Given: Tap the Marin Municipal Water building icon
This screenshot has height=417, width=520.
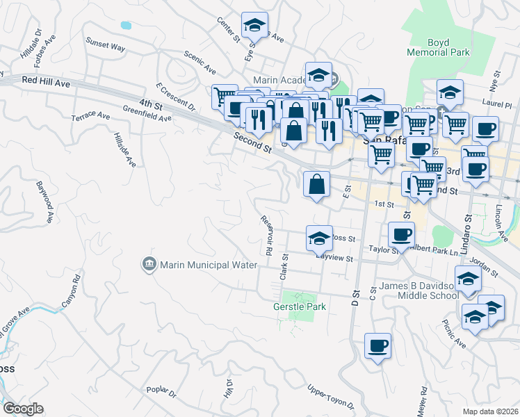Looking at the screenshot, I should point(149,264).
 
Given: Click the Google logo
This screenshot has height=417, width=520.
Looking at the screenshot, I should point(23,409).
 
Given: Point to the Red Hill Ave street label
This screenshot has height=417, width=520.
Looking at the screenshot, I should point(46,82).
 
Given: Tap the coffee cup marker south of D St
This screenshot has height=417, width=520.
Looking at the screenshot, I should point(377,345).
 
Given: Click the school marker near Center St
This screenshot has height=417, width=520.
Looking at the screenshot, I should point(255,26).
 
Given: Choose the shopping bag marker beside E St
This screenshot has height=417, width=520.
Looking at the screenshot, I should point(316,185).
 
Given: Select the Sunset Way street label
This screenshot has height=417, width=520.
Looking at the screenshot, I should point(105,45).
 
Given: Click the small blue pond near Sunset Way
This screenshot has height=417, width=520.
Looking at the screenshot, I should point(126,25).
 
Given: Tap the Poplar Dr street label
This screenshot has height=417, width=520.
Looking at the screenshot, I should point(161,393).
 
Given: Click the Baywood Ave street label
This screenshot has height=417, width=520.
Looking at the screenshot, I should point(45,202).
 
